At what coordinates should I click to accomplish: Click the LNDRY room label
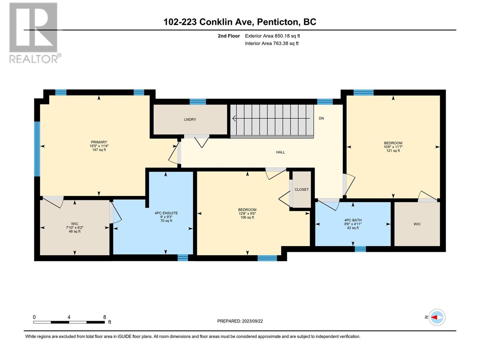coord(190,119)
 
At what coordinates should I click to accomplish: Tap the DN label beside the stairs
coord(321,118)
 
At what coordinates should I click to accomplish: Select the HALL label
coord(280,152)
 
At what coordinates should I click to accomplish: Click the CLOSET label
coord(301,190)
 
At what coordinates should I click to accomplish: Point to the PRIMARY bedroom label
coord(99,142)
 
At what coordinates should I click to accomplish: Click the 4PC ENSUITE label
coord(166,213)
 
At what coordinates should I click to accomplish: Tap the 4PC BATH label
coord(353,220)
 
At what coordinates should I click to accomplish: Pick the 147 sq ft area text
coord(99,150)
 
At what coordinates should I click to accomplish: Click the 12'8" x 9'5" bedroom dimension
coord(247,214)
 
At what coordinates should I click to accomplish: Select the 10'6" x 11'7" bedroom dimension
coord(393,147)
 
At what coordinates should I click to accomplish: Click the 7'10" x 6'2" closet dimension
coord(75,227)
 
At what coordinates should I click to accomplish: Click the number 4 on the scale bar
coord(69,317)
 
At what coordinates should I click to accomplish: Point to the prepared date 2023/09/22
coord(252,321)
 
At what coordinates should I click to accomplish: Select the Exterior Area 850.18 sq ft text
coord(272,36)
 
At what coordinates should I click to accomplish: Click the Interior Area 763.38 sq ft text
coord(271,43)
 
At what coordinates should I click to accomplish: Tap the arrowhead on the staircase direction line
coord(234,118)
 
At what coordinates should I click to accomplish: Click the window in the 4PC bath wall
coord(360,249)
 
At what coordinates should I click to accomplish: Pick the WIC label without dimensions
coord(417,224)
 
